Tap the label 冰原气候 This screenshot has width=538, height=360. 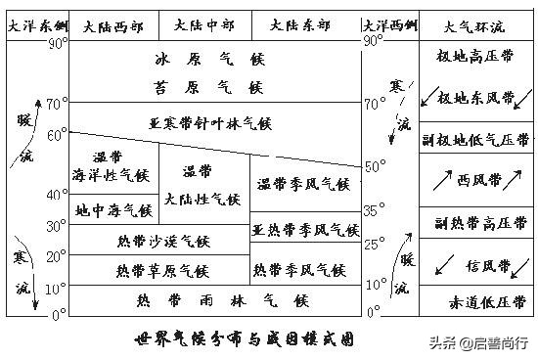(209, 61)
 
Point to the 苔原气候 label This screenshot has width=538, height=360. (209, 87)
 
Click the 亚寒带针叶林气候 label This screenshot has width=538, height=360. (209, 124)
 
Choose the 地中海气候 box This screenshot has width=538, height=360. (113, 209)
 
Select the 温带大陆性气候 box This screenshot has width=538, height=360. (203, 185)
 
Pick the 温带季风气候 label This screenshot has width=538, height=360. (303, 183)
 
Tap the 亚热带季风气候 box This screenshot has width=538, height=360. (305, 231)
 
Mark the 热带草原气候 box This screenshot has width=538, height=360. (162, 270)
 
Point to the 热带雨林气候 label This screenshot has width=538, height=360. (209, 299)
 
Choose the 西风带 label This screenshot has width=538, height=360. (478, 181)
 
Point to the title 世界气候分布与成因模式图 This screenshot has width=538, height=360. (244, 340)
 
